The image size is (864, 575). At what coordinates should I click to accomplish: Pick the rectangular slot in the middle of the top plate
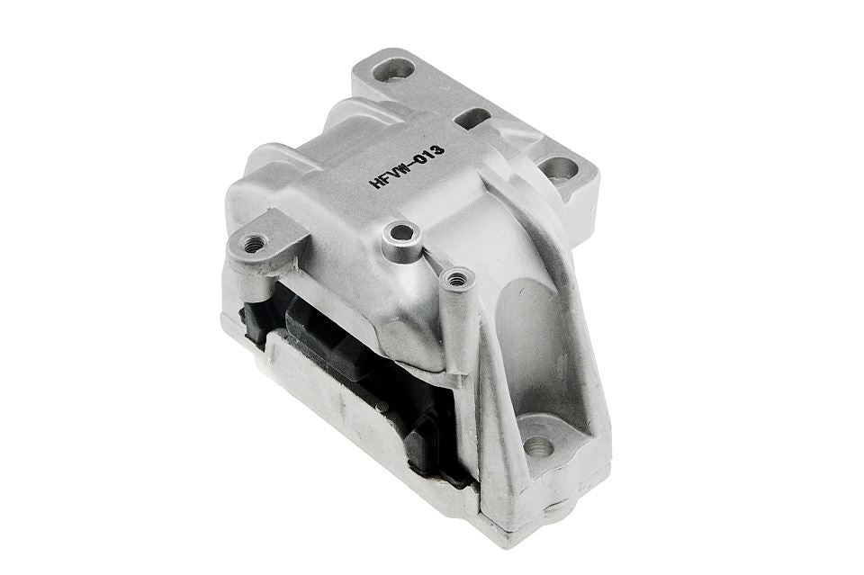coord(472,117)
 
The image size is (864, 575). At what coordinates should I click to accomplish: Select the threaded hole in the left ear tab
coord(255,242)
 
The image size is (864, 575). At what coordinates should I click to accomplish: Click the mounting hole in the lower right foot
coord(538,445)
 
